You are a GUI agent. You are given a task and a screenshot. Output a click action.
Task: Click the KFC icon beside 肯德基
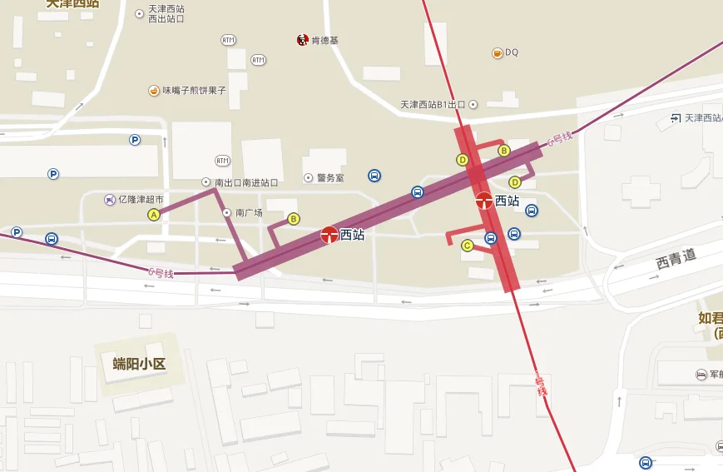click(303, 40)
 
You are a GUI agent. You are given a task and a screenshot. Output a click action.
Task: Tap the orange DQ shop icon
click(498, 52)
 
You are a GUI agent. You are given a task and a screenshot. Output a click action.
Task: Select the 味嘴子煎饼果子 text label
click(194, 90)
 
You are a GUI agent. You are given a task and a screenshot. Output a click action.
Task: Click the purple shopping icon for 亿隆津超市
click(110, 200)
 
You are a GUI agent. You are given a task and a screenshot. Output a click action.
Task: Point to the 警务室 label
click(329, 177)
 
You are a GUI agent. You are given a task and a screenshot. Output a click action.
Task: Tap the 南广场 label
click(249, 213)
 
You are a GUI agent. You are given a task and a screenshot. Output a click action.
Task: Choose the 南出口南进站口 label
click(246, 182)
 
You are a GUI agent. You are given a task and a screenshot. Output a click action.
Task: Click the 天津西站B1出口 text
click(432, 105)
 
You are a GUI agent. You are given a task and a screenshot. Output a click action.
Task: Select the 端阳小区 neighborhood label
click(140, 364)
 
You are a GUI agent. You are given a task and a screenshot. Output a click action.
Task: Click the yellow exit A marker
click(153, 215)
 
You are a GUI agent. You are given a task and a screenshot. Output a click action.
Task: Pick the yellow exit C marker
click(468, 245)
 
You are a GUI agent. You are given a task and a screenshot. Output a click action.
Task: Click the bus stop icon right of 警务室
click(374, 176)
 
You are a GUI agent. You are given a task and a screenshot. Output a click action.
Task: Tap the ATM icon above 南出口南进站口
click(222, 161)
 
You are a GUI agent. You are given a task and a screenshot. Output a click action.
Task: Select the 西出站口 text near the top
click(166, 19)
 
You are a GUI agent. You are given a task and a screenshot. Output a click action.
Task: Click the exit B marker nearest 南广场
click(293, 219)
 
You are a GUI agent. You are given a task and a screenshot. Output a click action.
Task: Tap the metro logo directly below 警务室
click(329, 236)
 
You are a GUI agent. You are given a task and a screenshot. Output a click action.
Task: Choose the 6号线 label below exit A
click(161, 272)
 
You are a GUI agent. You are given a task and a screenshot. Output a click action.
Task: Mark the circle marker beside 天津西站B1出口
click(473, 105)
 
